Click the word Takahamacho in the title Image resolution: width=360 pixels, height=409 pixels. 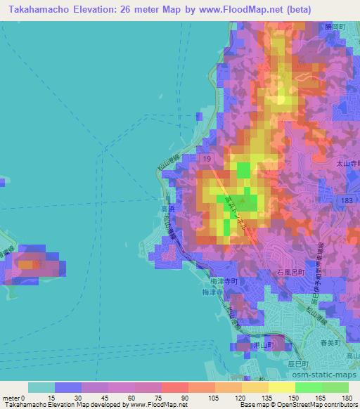34,9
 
